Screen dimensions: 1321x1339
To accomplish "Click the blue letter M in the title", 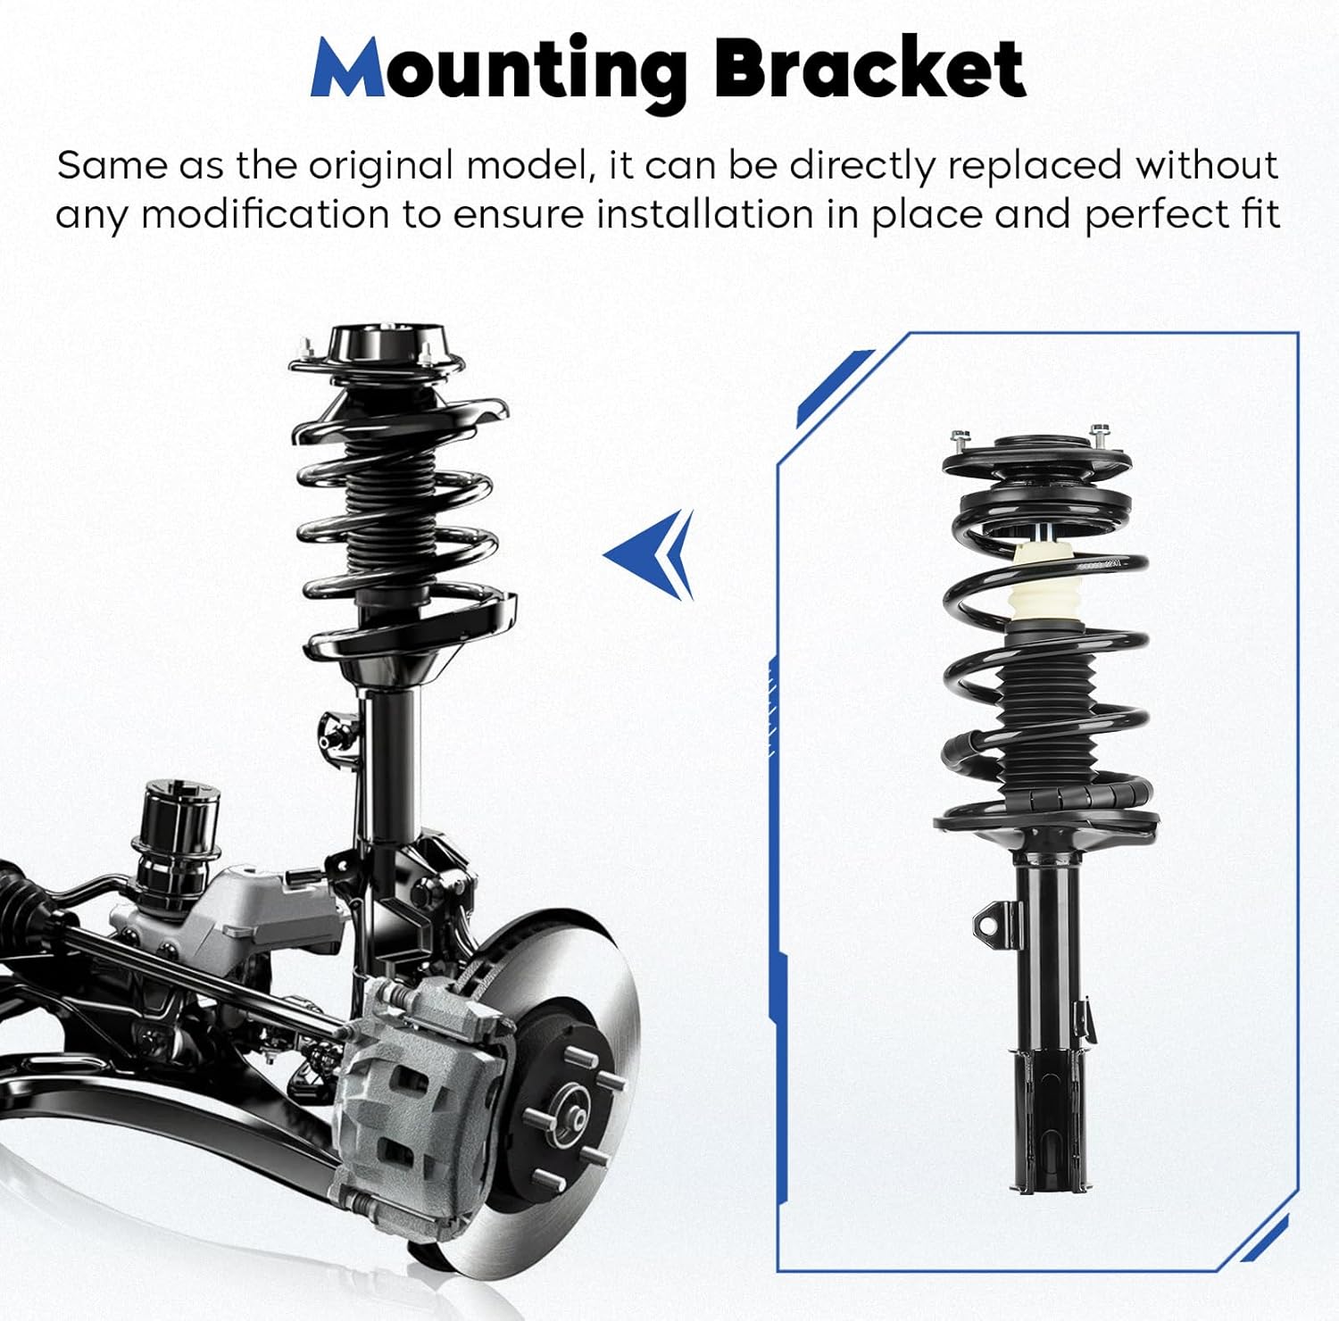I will [349, 70].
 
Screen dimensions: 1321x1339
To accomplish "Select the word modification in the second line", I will [265, 215].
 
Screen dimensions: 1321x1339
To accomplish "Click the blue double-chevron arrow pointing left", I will [653, 554].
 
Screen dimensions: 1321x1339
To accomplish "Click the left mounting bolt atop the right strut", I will [961, 440].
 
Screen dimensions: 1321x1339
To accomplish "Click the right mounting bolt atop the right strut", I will [1100, 436].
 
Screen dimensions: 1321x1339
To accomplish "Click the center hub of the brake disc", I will [572, 1117].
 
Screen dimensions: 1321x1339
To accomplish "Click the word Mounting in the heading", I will [500, 70].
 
